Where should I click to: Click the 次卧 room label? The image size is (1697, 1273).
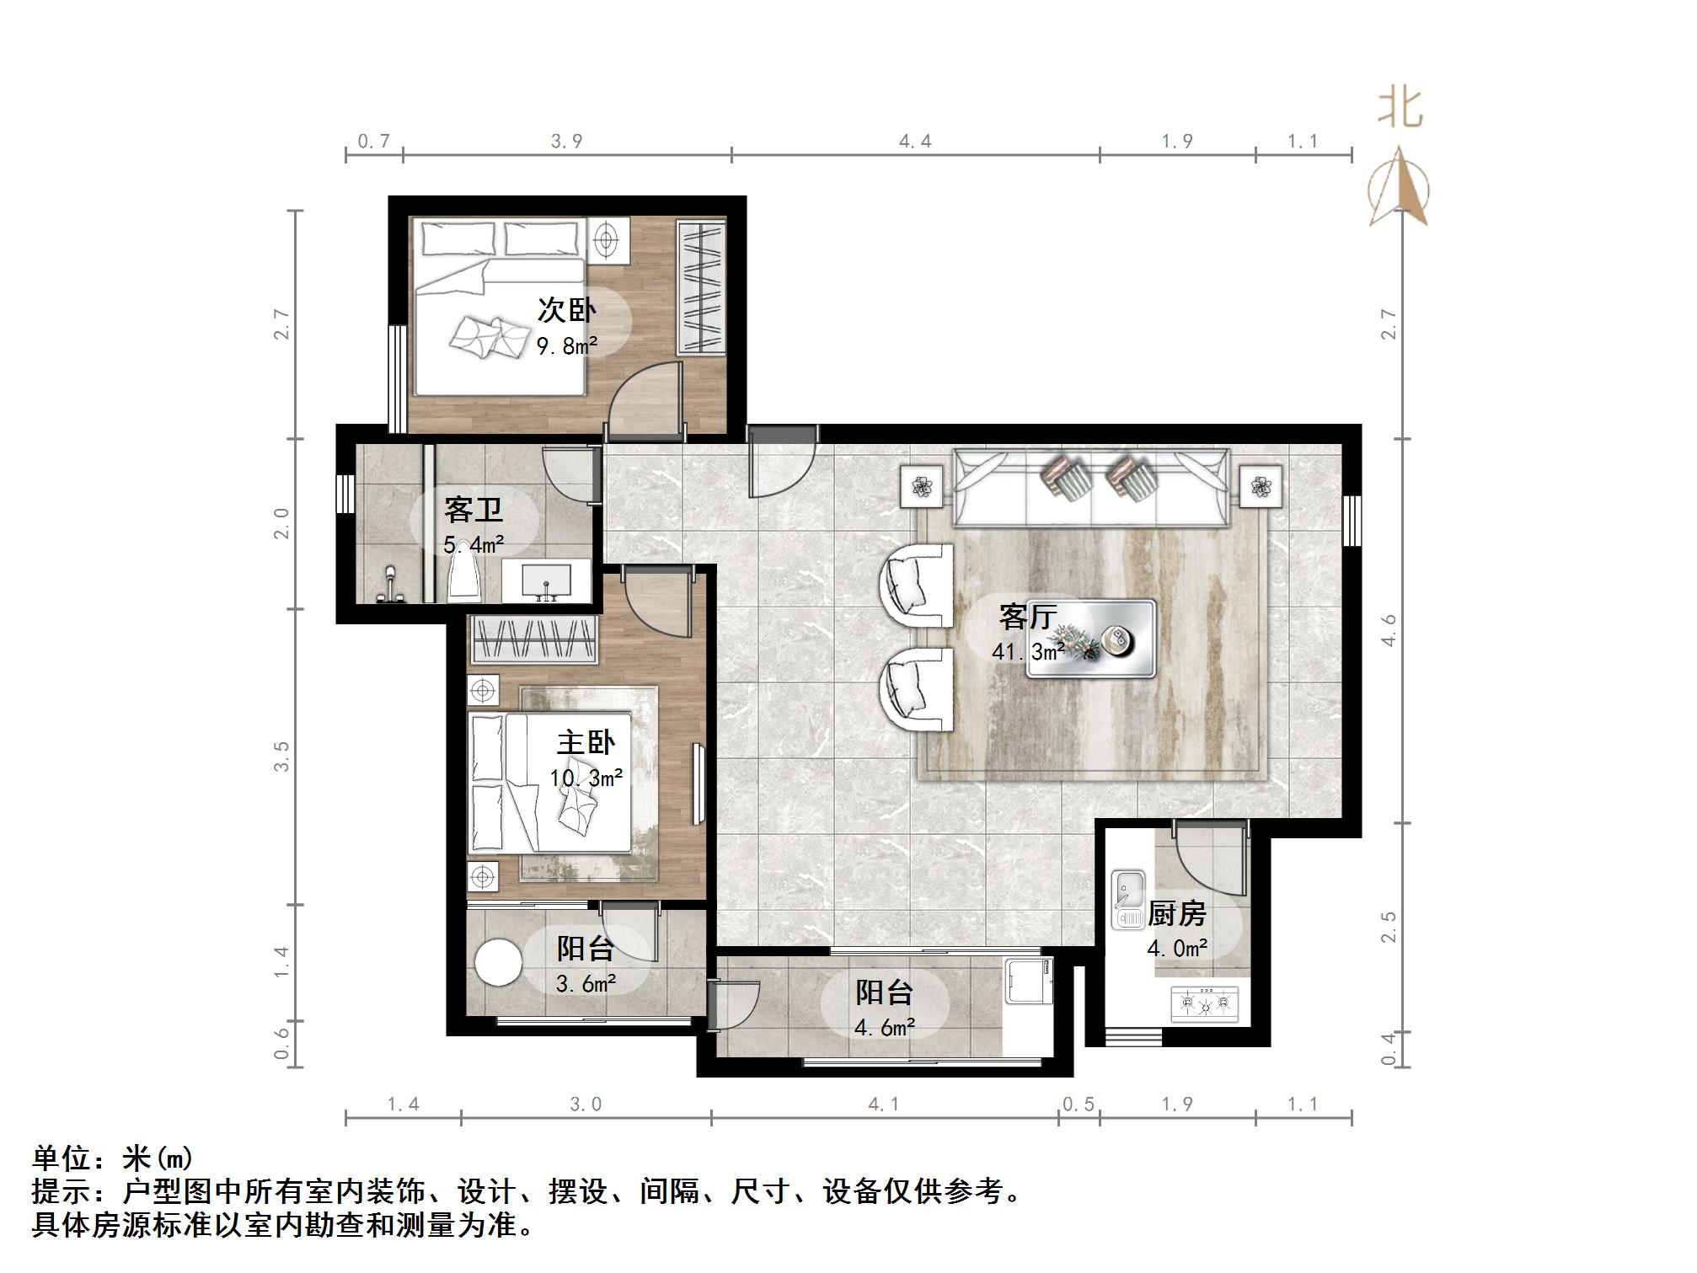(566, 311)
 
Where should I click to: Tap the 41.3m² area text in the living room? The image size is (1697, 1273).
(1028, 652)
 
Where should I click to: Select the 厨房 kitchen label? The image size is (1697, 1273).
(1177, 914)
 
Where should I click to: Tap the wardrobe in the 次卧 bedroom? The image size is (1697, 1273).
(701, 286)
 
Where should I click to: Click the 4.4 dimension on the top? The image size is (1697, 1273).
(915, 142)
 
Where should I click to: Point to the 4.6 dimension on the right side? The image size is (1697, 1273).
(1389, 630)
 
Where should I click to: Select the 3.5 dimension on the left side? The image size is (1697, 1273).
(281, 756)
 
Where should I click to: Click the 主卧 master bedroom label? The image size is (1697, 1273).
(586, 743)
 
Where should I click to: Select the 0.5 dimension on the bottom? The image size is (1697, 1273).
(1079, 1105)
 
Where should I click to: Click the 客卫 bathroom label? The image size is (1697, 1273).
(473, 511)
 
